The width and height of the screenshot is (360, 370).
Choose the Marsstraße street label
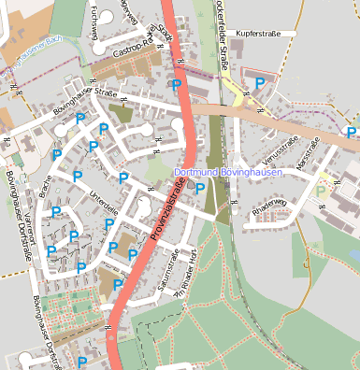[x=308, y=152]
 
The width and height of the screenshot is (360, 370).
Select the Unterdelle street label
[x=103, y=202]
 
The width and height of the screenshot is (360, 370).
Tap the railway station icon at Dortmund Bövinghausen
[x=193, y=183]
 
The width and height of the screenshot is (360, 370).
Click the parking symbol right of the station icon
[x=200, y=188]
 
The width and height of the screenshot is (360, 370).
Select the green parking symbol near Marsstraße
[x=322, y=191]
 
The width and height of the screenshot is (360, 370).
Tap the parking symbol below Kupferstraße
[x=259, y=83]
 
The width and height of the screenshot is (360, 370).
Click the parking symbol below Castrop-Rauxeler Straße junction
[x=176, y=85]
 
